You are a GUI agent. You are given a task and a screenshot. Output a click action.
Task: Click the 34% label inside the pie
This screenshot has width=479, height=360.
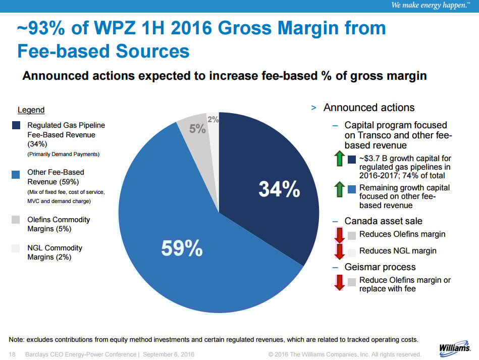pos(279,189)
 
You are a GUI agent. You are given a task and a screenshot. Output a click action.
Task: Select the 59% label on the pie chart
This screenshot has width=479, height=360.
pos(182,248)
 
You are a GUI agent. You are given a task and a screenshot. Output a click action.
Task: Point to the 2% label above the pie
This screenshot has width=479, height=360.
pos(213,120)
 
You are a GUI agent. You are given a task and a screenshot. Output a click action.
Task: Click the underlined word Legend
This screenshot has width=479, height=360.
pos(31,110)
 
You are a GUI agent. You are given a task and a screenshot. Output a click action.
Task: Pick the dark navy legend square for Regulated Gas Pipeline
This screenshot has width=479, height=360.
pos(16,125)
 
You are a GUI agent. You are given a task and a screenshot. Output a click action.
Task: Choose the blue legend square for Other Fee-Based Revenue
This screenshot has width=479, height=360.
pos(16,173)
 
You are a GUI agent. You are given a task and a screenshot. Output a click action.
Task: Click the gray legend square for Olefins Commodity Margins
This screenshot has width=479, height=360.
pos(16,220)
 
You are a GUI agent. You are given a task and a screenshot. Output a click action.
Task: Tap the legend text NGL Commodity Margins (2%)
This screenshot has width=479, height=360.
pos(55,252)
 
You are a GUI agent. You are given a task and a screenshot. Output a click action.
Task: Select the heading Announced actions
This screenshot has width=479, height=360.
pos(369,108)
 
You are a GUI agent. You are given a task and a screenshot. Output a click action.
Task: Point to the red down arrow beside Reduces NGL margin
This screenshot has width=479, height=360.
pos(339,251)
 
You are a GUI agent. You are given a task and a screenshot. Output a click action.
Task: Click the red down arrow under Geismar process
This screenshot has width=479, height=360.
pos(339,283)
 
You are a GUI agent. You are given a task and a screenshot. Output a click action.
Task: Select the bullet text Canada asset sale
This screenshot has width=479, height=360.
pos(383,221)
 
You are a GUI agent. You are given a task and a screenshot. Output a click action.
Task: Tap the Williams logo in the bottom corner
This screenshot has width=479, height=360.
pos(455,348)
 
